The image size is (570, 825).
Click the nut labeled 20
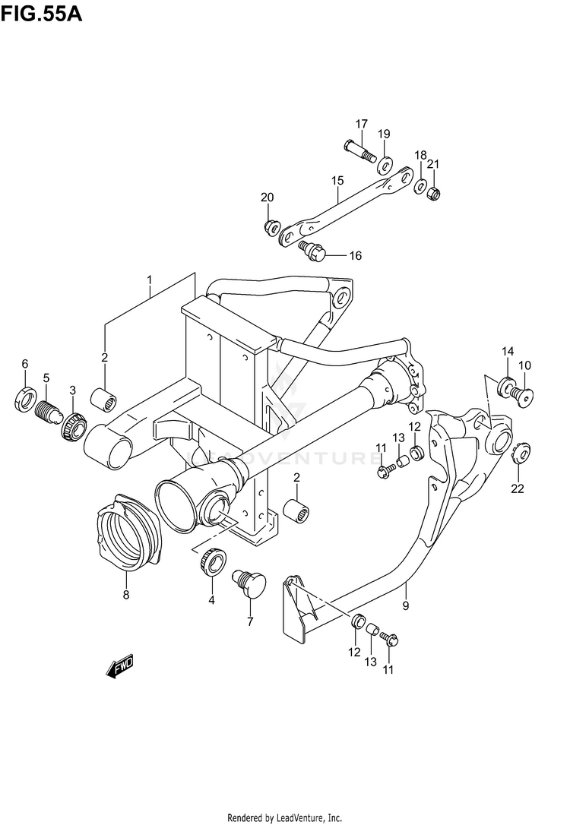(x=270, y=225)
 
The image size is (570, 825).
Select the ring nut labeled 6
(x=25, y=397)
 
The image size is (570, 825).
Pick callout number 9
(x=406, y=605)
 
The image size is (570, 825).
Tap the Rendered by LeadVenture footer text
(x=284, y=817)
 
